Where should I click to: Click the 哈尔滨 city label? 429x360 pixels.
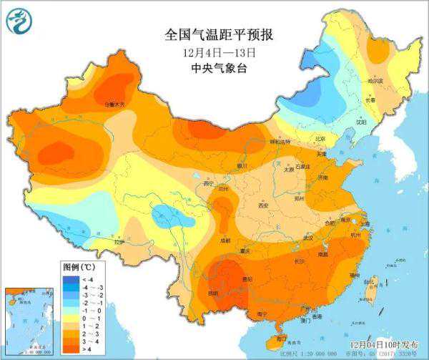click(375, 82)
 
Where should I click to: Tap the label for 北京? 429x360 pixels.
click(320, 138)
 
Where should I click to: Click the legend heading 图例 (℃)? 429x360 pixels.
click(74, 266)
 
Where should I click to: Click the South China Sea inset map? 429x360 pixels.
click(29, 318)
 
